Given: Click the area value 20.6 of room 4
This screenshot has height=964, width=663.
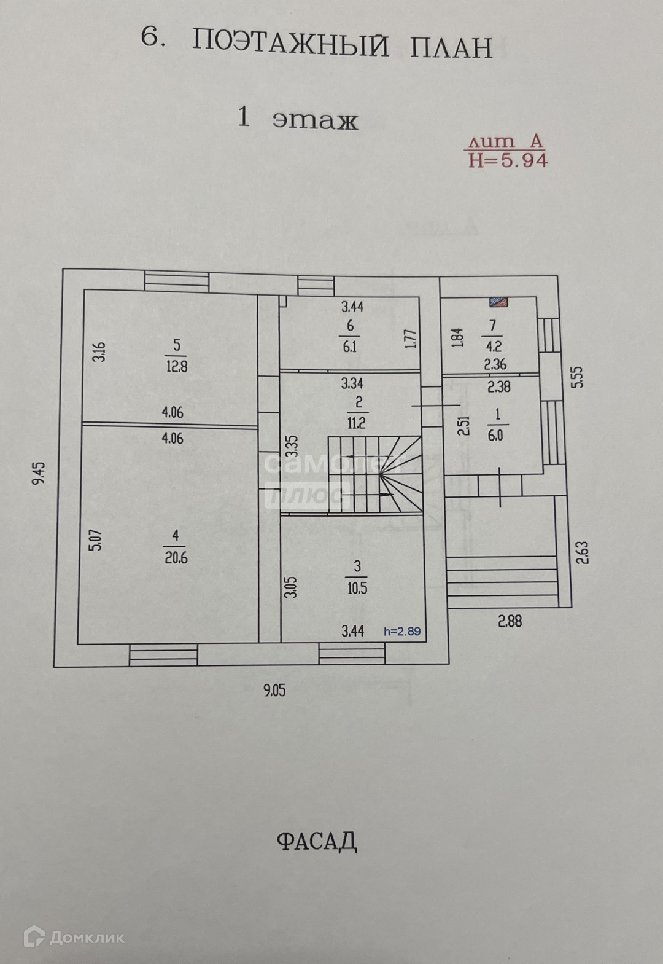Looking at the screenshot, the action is pos(176,558).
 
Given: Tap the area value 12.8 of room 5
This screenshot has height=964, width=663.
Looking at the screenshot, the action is pos(177,367).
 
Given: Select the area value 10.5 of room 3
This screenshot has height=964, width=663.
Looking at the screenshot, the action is pos(357,588).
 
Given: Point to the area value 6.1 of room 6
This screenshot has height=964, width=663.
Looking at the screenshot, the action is pos(350,347).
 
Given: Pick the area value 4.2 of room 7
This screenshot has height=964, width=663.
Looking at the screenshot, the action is pos(494,347).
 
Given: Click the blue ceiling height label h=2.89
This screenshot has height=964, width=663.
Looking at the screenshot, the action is pos(402,631).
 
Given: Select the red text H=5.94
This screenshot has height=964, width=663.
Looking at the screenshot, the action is pos(508,160).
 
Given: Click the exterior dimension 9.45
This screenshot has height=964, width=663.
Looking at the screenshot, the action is pos(39,474).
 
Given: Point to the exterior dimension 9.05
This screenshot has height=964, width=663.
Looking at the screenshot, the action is pos(274,690).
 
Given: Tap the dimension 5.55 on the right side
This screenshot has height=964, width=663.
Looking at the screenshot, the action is pos(577,377).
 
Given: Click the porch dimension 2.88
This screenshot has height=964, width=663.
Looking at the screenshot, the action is pos(510,621).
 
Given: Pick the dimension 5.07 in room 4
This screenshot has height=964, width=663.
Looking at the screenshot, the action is pos(96,540).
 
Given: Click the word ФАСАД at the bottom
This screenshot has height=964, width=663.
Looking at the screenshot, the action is pos(317,841).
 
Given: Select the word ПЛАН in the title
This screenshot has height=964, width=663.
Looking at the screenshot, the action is pos(451,47).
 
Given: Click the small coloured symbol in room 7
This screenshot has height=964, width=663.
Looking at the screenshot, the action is pos(499,300).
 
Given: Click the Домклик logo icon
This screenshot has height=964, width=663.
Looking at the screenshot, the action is pos(34,937).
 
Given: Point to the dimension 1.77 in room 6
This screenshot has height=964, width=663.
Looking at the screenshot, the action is pos(411,339).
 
